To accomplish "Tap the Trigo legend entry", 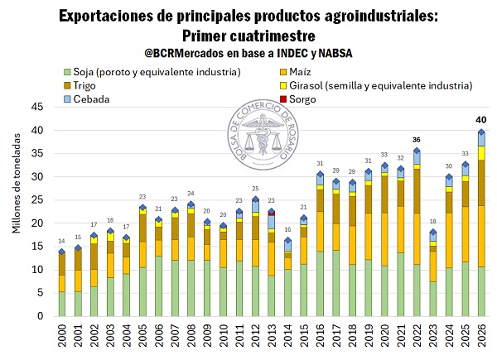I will pos(88,86).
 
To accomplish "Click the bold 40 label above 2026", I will pos(480,120).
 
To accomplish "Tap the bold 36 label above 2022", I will pos(417,139).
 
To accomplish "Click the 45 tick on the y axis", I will pos(37,108).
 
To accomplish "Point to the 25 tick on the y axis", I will pos(37,200).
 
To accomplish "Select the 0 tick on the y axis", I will pos(40,316).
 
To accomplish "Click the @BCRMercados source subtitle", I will pos(248,53).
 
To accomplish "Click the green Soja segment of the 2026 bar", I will pos(481,291).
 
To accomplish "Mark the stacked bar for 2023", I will pos(433,273).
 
